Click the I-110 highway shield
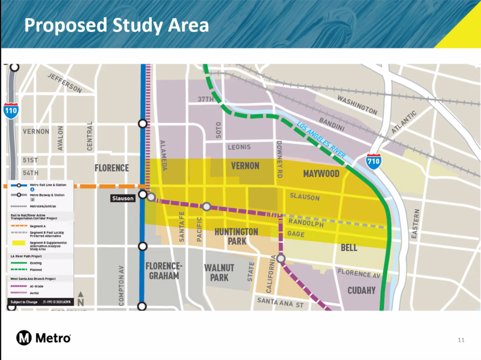click(x=11, y=110)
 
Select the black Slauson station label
click(x=123, y=198)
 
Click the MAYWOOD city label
click(x=321, y=174)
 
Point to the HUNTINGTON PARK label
click(x=236, y=236)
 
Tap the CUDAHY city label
click(x=361, y=290)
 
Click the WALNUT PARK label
click(x=219, y=272)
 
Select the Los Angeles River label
click(x=322, y=140)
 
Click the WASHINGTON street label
click(x=357, y=105)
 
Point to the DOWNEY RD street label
click(x=279, y=158)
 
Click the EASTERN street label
click(x=415, y=226)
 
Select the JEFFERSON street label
click(x=64, y=83)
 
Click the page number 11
click(x=461, y=339)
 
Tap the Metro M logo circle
click(x=24, y=337)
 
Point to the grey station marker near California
click(x=281, y=258)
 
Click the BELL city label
click(x=349, y=248)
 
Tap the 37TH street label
click(x=205, y=99)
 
